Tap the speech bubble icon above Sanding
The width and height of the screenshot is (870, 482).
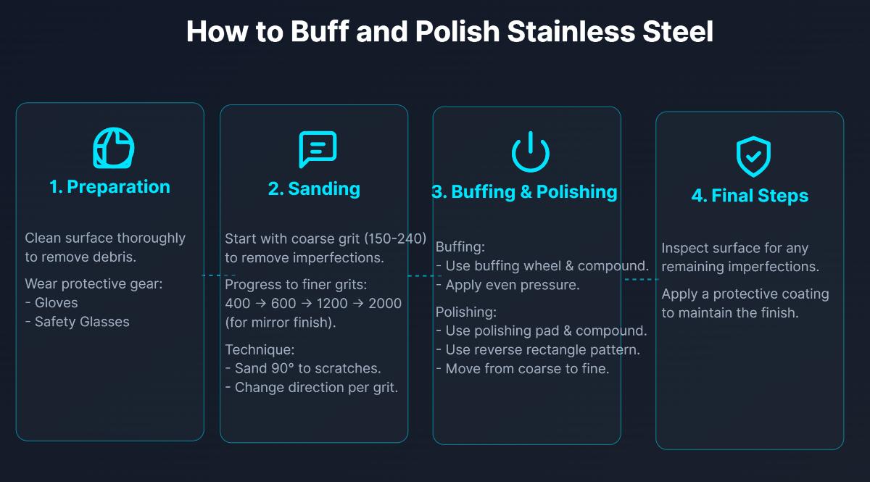(318, 150)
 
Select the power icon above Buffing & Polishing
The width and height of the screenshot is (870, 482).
(531, 152)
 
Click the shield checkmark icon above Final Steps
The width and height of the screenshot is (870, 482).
(753, 157)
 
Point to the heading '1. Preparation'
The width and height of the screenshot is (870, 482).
(109, 187)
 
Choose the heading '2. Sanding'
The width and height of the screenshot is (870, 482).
(314, 189)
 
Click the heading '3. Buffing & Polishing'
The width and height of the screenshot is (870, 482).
(524, 192)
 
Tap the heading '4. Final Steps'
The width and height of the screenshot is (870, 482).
(750, 196)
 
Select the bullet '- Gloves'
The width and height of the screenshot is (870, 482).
(51, 303)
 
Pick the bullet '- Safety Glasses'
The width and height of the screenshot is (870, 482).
(78, 322)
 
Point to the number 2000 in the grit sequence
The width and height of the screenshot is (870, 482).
(384, 304)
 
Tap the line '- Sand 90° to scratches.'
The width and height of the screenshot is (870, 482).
(303, 368)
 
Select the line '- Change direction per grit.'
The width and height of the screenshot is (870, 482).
(312, 387)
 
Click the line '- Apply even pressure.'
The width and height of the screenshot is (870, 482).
(507, 285)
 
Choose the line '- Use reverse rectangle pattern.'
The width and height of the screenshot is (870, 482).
(538, 350)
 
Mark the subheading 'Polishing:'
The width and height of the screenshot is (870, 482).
(466, 312)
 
